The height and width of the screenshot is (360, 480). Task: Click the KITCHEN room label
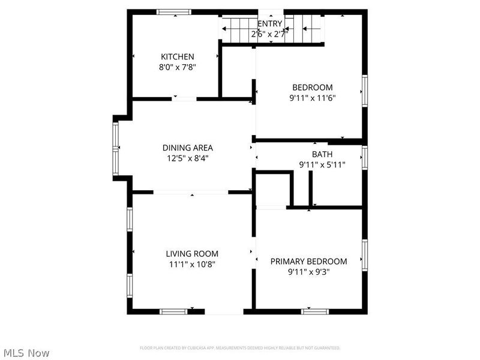click(177, 56)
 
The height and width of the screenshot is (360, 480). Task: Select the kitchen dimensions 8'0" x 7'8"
click(177, 67)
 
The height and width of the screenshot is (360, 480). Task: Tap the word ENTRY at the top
click(269, 24)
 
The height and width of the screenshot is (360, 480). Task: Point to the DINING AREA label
click(187, 148)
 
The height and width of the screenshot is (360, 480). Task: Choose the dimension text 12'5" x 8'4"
click(187, 158)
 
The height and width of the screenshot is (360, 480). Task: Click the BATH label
click(322, 154)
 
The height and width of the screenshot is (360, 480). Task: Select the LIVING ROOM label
click(192, 254)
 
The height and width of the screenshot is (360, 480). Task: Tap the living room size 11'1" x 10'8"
click(192, 265)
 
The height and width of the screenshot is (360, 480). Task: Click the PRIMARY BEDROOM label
click(308, 261)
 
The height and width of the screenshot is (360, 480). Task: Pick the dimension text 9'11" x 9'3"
click(308, 272)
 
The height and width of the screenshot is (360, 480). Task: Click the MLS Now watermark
click(26, 353)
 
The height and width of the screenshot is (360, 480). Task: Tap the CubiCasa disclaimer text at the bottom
click(240, 348)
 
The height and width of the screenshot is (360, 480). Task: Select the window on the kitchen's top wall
click(174, 11)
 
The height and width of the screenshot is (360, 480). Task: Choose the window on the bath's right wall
click(364, 158)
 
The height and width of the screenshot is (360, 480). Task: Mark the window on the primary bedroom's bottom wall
click(315, 311)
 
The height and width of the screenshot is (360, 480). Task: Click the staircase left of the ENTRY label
click(239, 28)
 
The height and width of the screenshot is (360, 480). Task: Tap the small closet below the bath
click(272, 189)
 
